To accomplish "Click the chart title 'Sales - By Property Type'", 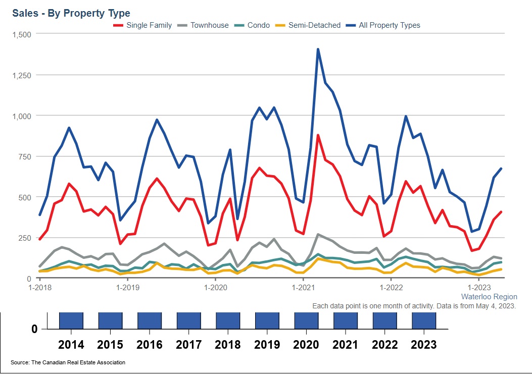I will (x=71, y=13).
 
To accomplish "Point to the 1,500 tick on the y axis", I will (x=21, y=34).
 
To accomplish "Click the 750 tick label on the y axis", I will (x=24, y=156).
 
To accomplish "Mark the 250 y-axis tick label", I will (x=24, y=238).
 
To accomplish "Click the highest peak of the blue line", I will (x=318, y=49).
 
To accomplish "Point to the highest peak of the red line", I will (x=318, y=135).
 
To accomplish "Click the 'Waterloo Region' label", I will (x=489, y=297).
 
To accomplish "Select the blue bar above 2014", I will (x=71, y=320).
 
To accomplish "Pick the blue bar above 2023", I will (x=424, y=320).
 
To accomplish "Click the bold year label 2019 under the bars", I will (x=267, y=345).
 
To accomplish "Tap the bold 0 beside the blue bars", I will (x=34, y=329).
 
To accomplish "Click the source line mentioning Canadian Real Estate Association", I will (x=68, y=362).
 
